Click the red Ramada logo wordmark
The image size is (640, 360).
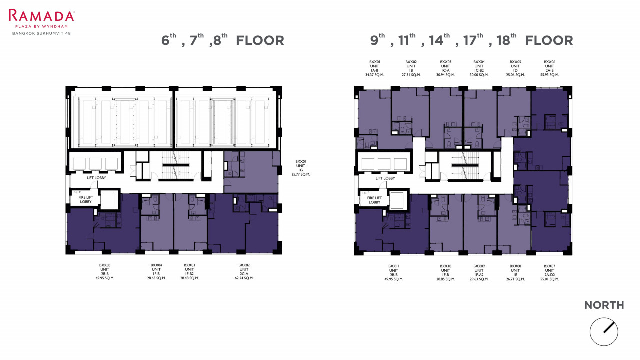(41, 15)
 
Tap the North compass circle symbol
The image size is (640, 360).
(604, 332)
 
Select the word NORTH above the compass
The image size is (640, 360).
(604, 305)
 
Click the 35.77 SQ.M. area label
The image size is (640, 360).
(301, 174)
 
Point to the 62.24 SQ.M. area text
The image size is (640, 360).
(244, 278)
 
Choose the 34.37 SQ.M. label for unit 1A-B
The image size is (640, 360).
(375, 75)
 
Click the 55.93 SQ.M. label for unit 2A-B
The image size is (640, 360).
(549, 75)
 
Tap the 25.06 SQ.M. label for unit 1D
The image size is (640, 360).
(515, 75)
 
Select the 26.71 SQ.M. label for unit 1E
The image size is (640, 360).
(515, 279)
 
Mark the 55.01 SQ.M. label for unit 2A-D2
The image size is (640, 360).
(549, 279)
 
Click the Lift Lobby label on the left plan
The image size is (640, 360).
(96, 178)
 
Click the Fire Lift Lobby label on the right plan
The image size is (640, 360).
(374, 200)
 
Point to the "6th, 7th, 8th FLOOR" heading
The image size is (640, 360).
(223, 40)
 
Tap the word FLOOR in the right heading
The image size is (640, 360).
(549, 41)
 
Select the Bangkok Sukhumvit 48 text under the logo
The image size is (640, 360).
(41, 33)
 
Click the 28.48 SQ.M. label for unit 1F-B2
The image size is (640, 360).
(189, 278)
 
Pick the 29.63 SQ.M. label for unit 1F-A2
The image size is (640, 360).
(479, 279)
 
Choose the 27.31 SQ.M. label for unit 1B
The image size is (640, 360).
(411, 75)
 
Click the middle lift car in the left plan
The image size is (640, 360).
(95, 164)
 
